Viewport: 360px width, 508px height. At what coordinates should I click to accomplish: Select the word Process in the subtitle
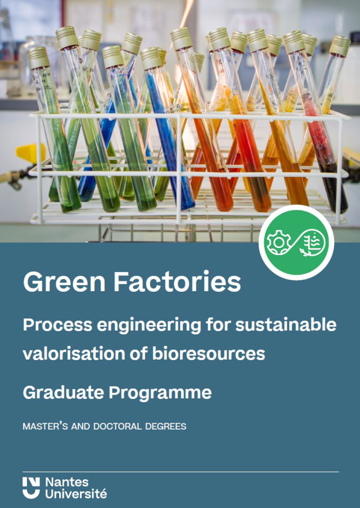click(57, 325)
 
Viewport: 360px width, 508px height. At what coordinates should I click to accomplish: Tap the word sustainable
click(286, 325)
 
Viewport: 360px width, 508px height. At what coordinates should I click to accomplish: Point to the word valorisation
click(73, 354)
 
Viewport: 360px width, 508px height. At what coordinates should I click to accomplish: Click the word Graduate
click(64, 393)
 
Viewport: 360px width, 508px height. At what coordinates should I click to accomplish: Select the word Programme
click(160, 393)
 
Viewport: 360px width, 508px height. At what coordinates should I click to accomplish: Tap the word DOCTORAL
click(118, 426)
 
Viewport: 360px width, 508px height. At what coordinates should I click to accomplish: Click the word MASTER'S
click(45, 426)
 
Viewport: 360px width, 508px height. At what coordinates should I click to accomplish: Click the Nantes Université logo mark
click(32, 488)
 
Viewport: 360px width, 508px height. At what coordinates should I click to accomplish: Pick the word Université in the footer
click(76, 494)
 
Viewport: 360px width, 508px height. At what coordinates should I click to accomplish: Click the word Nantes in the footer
click(67, 482)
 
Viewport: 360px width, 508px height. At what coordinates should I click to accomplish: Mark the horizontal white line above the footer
click(181, 472)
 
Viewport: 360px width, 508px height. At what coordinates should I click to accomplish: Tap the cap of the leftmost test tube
click(38, 58)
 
